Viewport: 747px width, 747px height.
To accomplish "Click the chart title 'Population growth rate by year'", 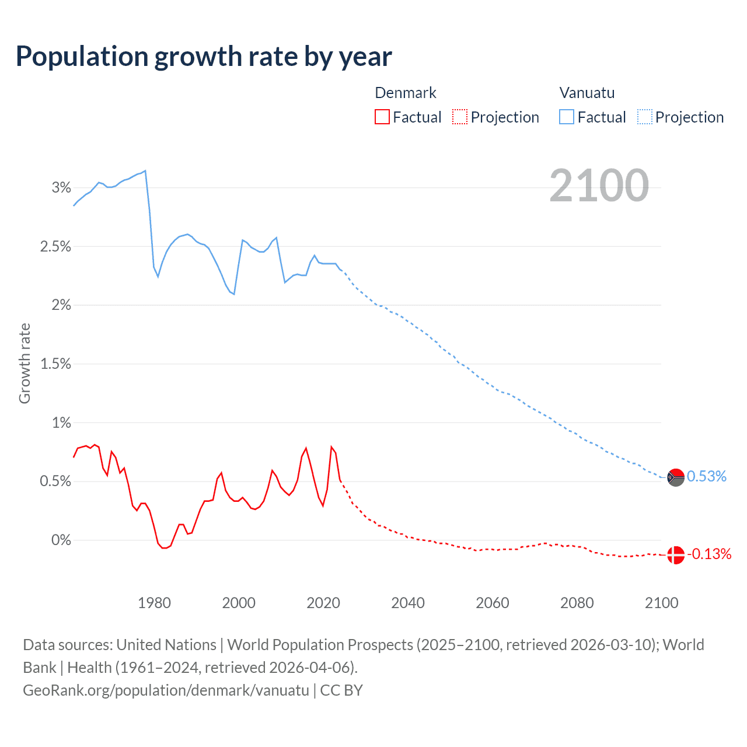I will click(x=204, y=57).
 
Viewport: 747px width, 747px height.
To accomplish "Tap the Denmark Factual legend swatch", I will click(x=382, y=117).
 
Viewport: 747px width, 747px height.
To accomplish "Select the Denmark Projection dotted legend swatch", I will click(x=460, y=117).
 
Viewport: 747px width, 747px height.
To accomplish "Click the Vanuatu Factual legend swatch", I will click(x=566, y=117).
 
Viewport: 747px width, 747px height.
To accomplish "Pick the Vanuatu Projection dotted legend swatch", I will click(x=644, y=117).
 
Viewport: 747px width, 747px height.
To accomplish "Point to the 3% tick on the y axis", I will click(x=61, y=188).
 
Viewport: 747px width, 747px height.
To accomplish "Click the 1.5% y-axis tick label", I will click(x=55, y=364).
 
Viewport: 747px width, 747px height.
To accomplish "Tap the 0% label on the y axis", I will click(x=61, y=540).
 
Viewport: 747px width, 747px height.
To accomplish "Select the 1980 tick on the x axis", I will click(x=154, y=603).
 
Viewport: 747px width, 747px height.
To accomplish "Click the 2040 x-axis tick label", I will click(x=408, y=603).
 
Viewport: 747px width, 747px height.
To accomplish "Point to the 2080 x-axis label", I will click(x=577, y=603).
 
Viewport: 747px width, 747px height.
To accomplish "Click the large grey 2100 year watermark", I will click(x=599, y=186).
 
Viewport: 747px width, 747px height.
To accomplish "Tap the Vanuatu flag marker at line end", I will click(x=675, y=477).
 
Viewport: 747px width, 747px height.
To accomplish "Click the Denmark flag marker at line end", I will click(x=675, y=555).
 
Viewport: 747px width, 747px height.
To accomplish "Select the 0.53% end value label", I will click(x=707, y=477).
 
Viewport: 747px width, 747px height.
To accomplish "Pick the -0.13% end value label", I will click(x=709, y=554).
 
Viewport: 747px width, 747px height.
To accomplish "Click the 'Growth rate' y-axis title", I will click(x=25, y=363).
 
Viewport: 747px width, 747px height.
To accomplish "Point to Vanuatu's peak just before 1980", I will click(x=145, y=171).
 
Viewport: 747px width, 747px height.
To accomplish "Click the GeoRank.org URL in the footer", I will click(x=166, y=690).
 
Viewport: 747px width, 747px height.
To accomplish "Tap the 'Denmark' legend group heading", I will click(x=405, y=93).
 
